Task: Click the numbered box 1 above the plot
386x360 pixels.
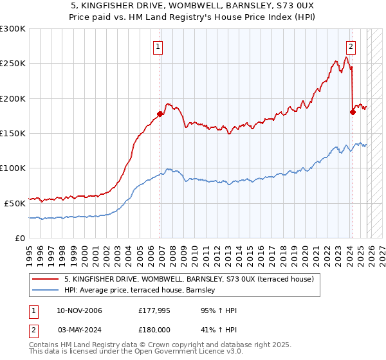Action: click(158, 46)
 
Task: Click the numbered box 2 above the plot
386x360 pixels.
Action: click(351, 46)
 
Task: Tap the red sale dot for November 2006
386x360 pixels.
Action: click(160, 114)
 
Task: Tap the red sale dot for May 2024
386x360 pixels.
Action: click(353, 112)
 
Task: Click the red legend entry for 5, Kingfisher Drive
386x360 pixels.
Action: click(188, 279)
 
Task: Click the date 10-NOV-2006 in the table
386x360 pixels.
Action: click(79, 310)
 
